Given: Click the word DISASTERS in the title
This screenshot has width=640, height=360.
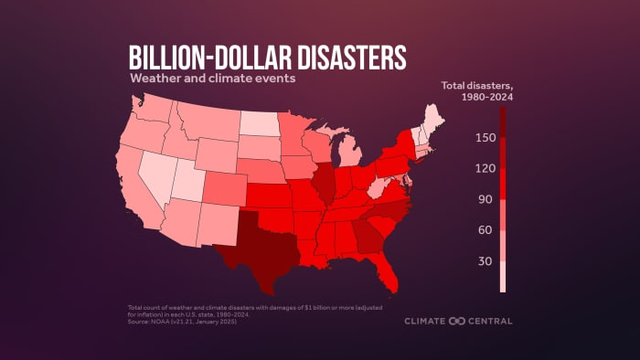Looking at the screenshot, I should tap(328, 58).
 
